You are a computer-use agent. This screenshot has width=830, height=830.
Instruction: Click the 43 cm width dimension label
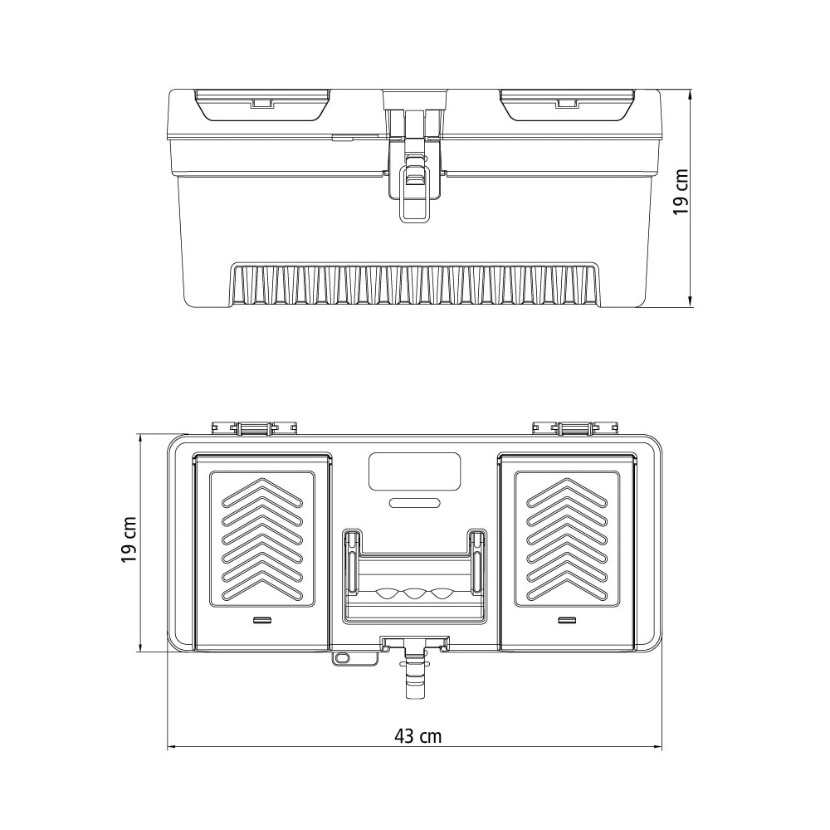point(417,735)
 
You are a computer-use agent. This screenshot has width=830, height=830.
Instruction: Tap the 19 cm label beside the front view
point(681,193)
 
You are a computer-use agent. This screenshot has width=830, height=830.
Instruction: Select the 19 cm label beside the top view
point(129,539)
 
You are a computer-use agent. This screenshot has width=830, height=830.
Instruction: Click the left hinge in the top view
point(254,427)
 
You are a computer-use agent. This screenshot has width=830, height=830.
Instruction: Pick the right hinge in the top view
point(576,427)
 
